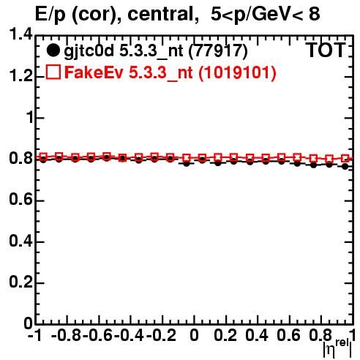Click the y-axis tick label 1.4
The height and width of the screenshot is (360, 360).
[20, 34]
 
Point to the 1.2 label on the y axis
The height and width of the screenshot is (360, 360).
[20, 75]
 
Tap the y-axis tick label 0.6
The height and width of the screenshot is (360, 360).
[20, 199]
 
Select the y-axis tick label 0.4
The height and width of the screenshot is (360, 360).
[20, 241]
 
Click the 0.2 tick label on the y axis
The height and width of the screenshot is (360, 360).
[20, 282]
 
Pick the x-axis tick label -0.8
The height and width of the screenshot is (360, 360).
[67, 335]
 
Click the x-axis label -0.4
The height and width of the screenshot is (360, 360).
[129, 335]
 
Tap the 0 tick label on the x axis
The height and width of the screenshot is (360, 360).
[194, 335]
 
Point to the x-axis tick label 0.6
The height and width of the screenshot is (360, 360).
[288, 335]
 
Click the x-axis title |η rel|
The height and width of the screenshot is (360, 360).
[337, 348]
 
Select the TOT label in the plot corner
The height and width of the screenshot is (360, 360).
[326, 50]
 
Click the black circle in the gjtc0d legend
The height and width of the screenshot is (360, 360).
[53, 50]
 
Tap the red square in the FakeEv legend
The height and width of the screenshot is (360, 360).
[53, 72]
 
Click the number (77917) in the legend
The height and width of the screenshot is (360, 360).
[218, 51]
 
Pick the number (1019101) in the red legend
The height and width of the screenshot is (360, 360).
[237, 72]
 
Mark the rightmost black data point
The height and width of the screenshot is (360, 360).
[345, 166]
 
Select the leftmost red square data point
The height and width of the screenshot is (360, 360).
[43, 157]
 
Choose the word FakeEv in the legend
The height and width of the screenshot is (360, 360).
[94, 72]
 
